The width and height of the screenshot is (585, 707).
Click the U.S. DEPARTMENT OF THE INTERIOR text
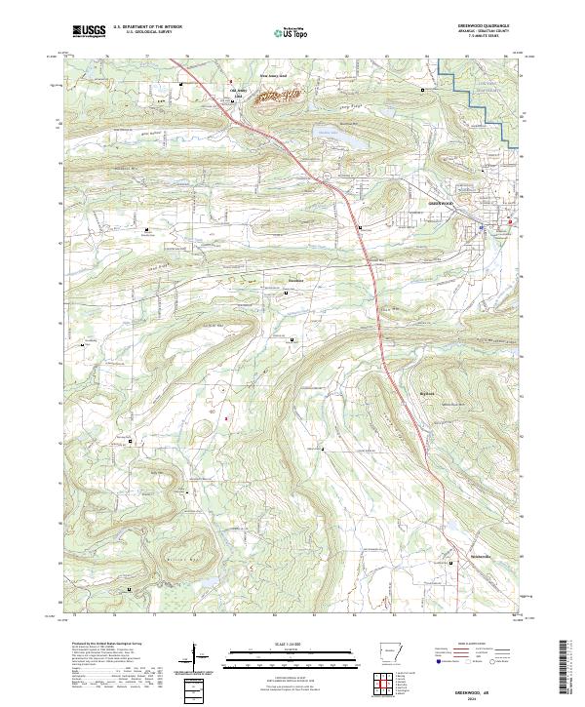(147, 26)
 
